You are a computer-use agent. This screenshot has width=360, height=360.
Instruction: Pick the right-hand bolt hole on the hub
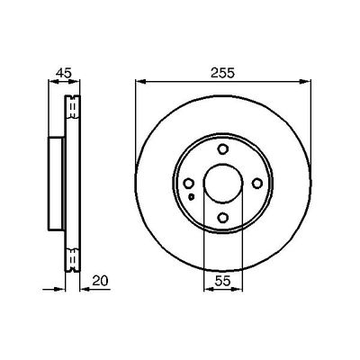click(258, 185)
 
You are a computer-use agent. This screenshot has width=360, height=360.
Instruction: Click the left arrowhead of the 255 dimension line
click(139, 84)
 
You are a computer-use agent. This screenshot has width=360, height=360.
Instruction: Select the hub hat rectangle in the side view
click(56, 184)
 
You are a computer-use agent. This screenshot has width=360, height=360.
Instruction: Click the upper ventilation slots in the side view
click(71, 108)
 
